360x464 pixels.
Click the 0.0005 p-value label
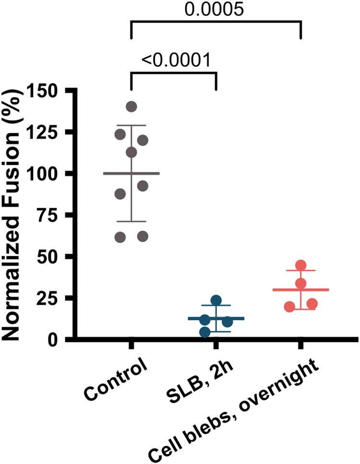tap(216, 10)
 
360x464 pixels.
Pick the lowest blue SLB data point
tap(204, 332)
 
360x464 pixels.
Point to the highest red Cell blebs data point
tap(301, 266)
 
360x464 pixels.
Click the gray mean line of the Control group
tap(131, 173)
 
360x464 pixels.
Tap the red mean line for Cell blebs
tap(301, 290)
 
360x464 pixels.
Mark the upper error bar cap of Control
tap(131, 125)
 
